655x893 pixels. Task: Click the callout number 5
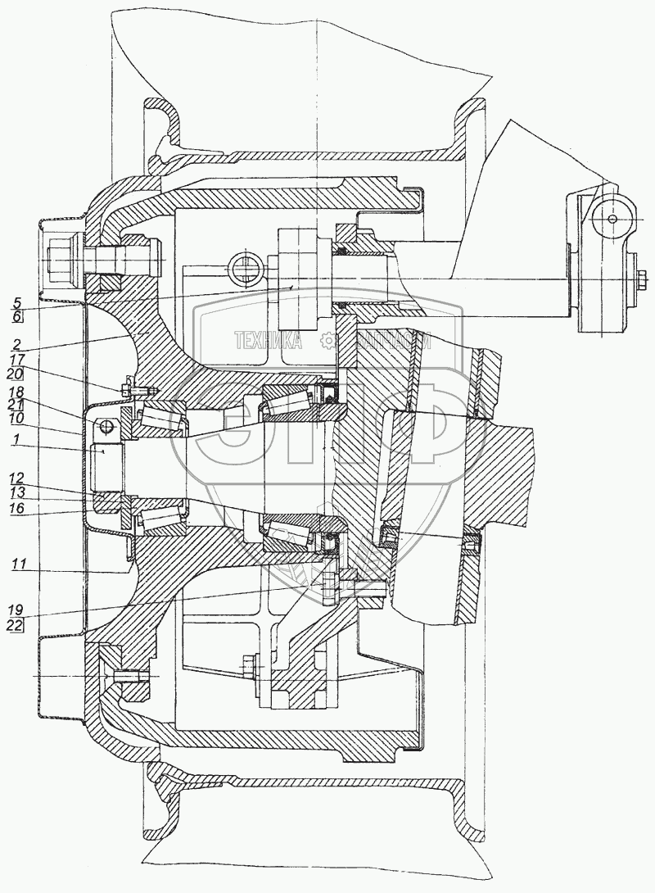point(17,300)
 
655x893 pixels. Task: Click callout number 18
point(17,392)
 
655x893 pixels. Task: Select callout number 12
point(17,477)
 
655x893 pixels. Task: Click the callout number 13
point(17,492)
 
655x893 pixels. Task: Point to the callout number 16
point(17,509)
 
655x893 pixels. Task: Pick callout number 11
point(17,564)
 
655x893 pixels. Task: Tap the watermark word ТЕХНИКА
point(268,340)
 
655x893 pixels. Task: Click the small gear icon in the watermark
point(327,340)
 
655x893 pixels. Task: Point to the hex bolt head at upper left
point(61,261)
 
